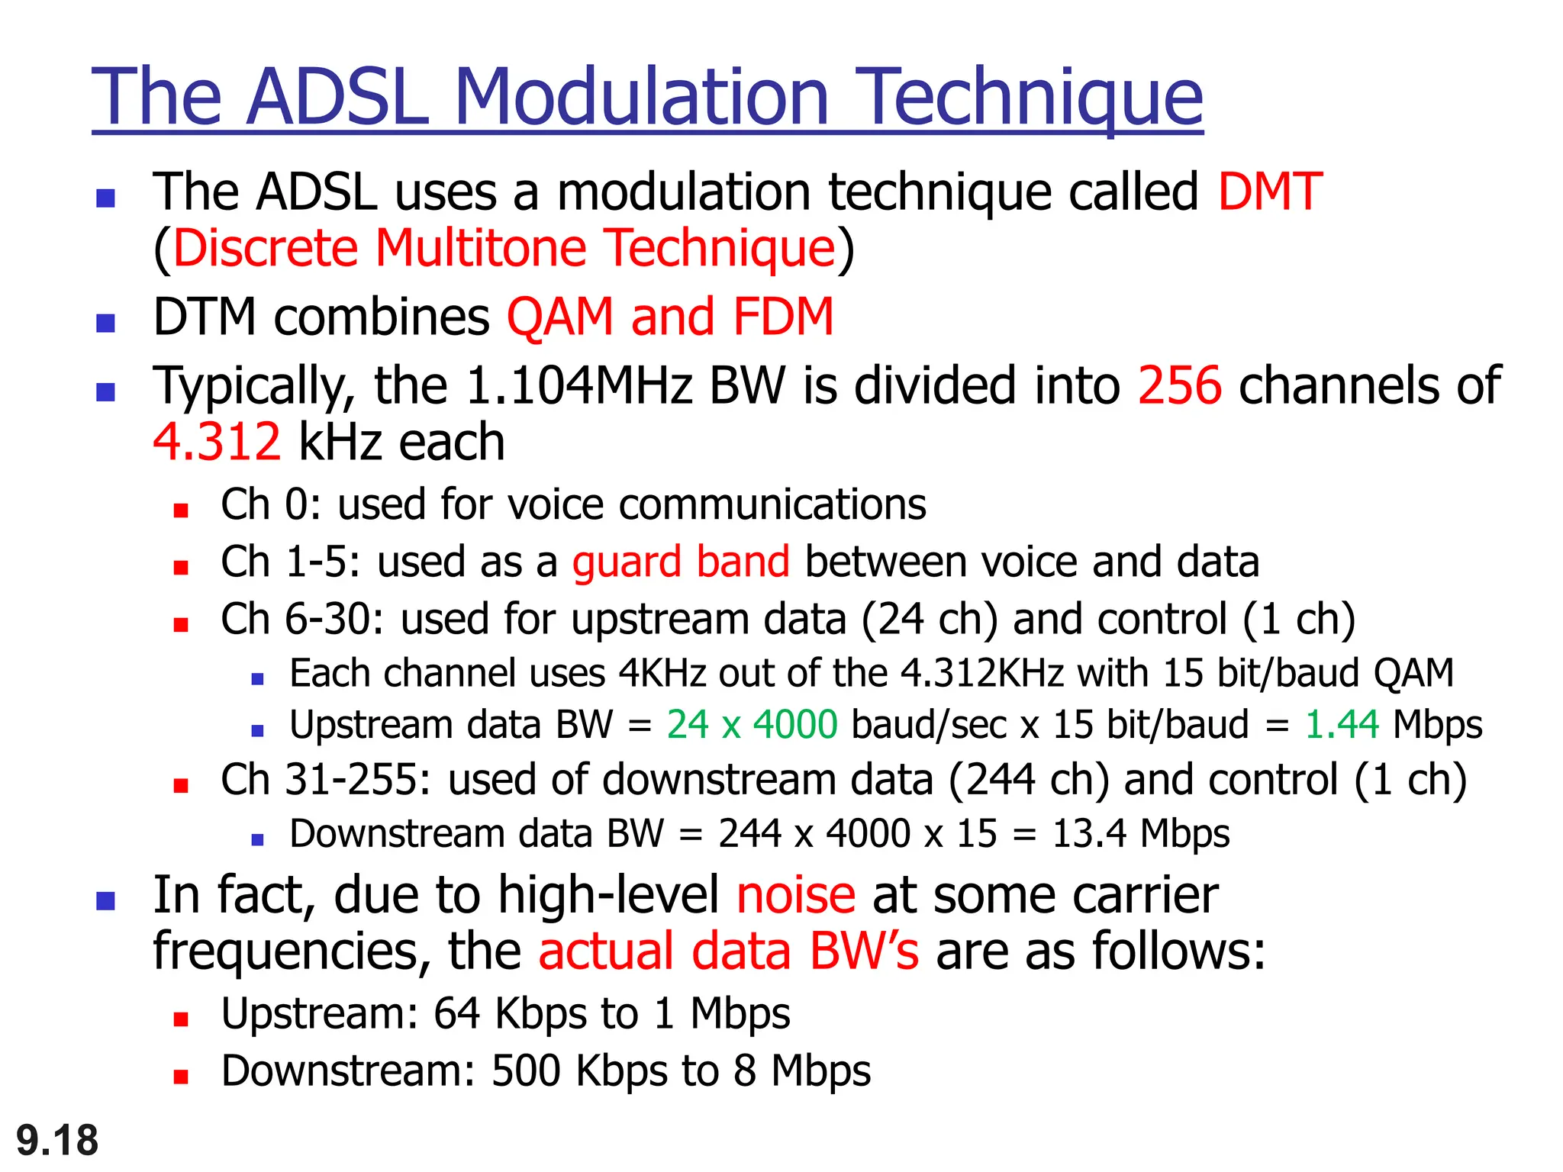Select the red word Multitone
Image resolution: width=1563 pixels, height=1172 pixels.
click(481, 248)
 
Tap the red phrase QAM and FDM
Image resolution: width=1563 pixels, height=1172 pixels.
click(670, 317)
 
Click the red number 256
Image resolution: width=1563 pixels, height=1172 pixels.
click(1179, 385)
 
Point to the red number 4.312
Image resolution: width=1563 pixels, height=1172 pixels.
click(217, 442)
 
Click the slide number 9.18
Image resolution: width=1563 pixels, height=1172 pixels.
click(57, 1141)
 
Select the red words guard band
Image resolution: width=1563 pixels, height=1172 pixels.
click(681, 562)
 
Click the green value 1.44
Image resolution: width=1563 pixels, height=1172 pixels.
click(1342, 725)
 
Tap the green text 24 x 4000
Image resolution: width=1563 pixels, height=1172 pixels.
click(752, 725)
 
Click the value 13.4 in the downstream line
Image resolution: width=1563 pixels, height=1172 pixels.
click(1089, 834)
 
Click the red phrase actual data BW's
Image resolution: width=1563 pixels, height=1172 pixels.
click(728, 951)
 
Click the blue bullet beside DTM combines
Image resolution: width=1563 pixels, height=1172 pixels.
click(105, 323)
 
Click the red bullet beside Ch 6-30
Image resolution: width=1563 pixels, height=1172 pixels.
click(181, 625)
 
